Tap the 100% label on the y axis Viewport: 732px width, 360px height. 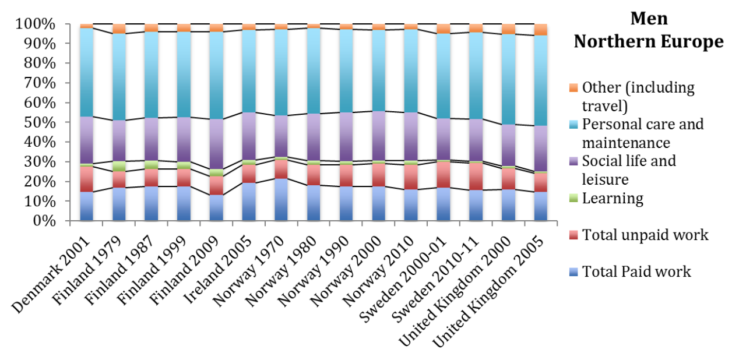point(38,24)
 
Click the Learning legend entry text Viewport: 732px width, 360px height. point(612,198)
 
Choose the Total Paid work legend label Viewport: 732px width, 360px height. point(637,271)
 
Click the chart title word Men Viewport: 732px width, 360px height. point(649,19)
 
